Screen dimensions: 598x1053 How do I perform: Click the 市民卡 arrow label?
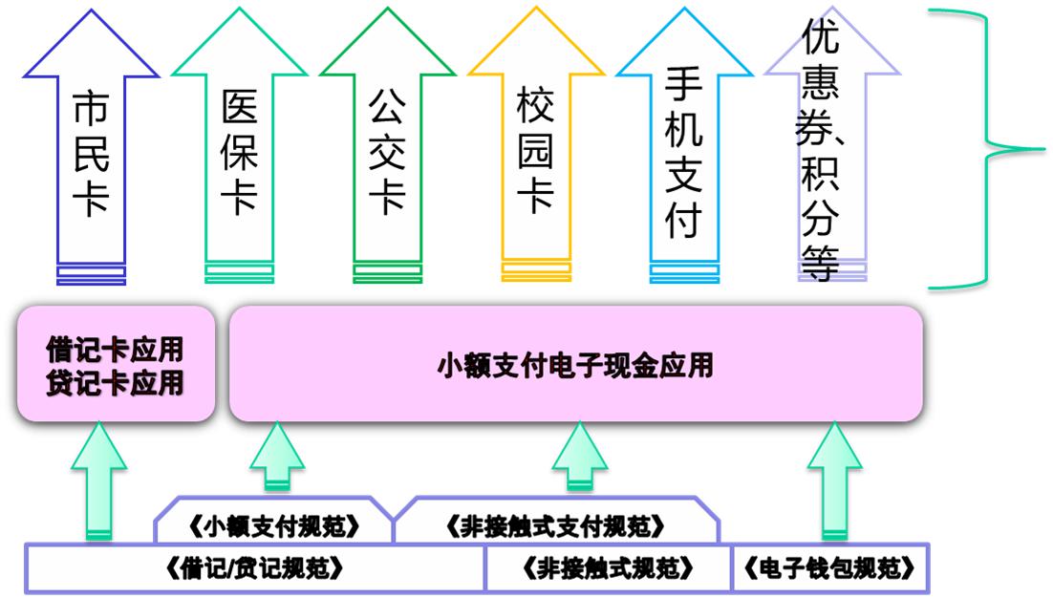pyautogui.click(x=91, y=154)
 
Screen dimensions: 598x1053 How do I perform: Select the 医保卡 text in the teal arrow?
pyautogui.click(x=239, y=154)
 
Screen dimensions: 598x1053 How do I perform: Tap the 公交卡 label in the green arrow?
pyautogui.click(x=387, y=154)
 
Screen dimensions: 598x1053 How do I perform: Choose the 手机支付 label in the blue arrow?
pyautogui.click(x=683, y=154)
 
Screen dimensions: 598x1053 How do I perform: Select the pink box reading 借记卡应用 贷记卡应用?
pyautogui.click(x=115, y=365)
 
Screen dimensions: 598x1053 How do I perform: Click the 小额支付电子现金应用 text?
pyautogui.click(x=575, y=365)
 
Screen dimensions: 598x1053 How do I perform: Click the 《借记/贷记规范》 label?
pyautogui.click(x=255, y=569)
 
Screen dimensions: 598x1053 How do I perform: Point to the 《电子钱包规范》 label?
pyautogui.click(x=828, y=569)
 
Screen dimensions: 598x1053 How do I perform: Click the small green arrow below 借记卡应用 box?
pyautogui.click(x=97, y=482)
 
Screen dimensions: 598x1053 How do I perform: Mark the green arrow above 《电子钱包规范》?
pyautogui.click(x=833, y=482)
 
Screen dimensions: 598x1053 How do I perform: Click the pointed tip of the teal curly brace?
pyautogui.click(x=1044, y=148)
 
